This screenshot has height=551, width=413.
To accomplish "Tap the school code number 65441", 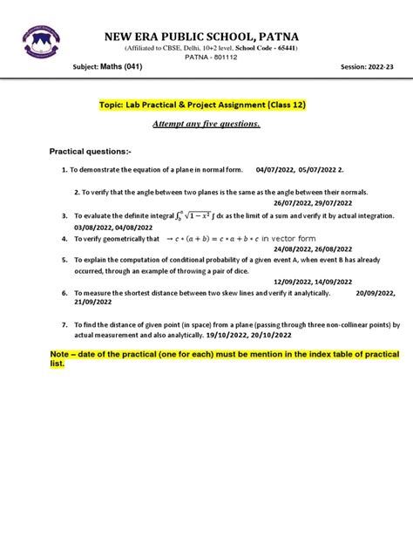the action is point(282,48).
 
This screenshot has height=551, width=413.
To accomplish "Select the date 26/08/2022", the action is point(346,247).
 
